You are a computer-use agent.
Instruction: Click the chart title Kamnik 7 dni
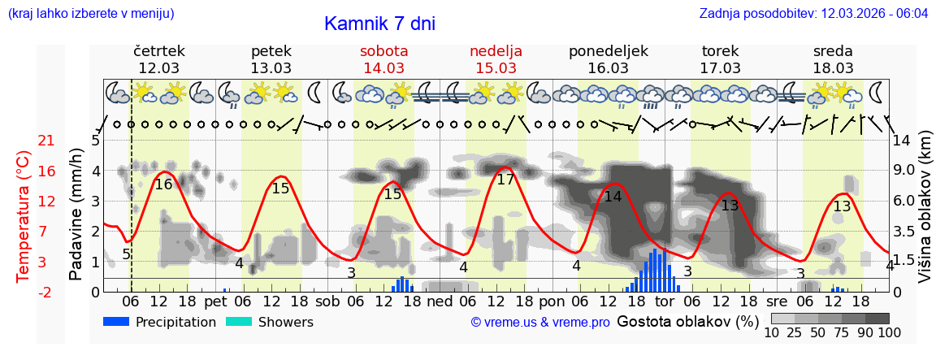click(x=379, y=24)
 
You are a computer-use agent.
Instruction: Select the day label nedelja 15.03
click(x=496, y=59)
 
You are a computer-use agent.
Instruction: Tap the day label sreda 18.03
click(x=833, y=59)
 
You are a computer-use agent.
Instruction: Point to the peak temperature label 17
click(x=505, y=180)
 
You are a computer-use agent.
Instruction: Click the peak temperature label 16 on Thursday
click(x=163, y=184)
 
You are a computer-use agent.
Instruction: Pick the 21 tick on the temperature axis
click(x=46, y=141)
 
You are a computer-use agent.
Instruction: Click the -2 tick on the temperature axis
click(x=46, y=292)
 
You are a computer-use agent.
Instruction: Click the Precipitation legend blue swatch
click(x=117, y=322)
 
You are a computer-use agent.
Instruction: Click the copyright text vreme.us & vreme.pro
click(x=540, y=322)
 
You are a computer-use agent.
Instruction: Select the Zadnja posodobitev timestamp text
click(x=813, y=14)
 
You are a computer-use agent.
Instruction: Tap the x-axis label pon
click(x=551, y=301)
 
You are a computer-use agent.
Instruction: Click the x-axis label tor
click(x=664, y=301)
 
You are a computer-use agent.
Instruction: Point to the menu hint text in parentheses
click(x=90, y=14)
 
